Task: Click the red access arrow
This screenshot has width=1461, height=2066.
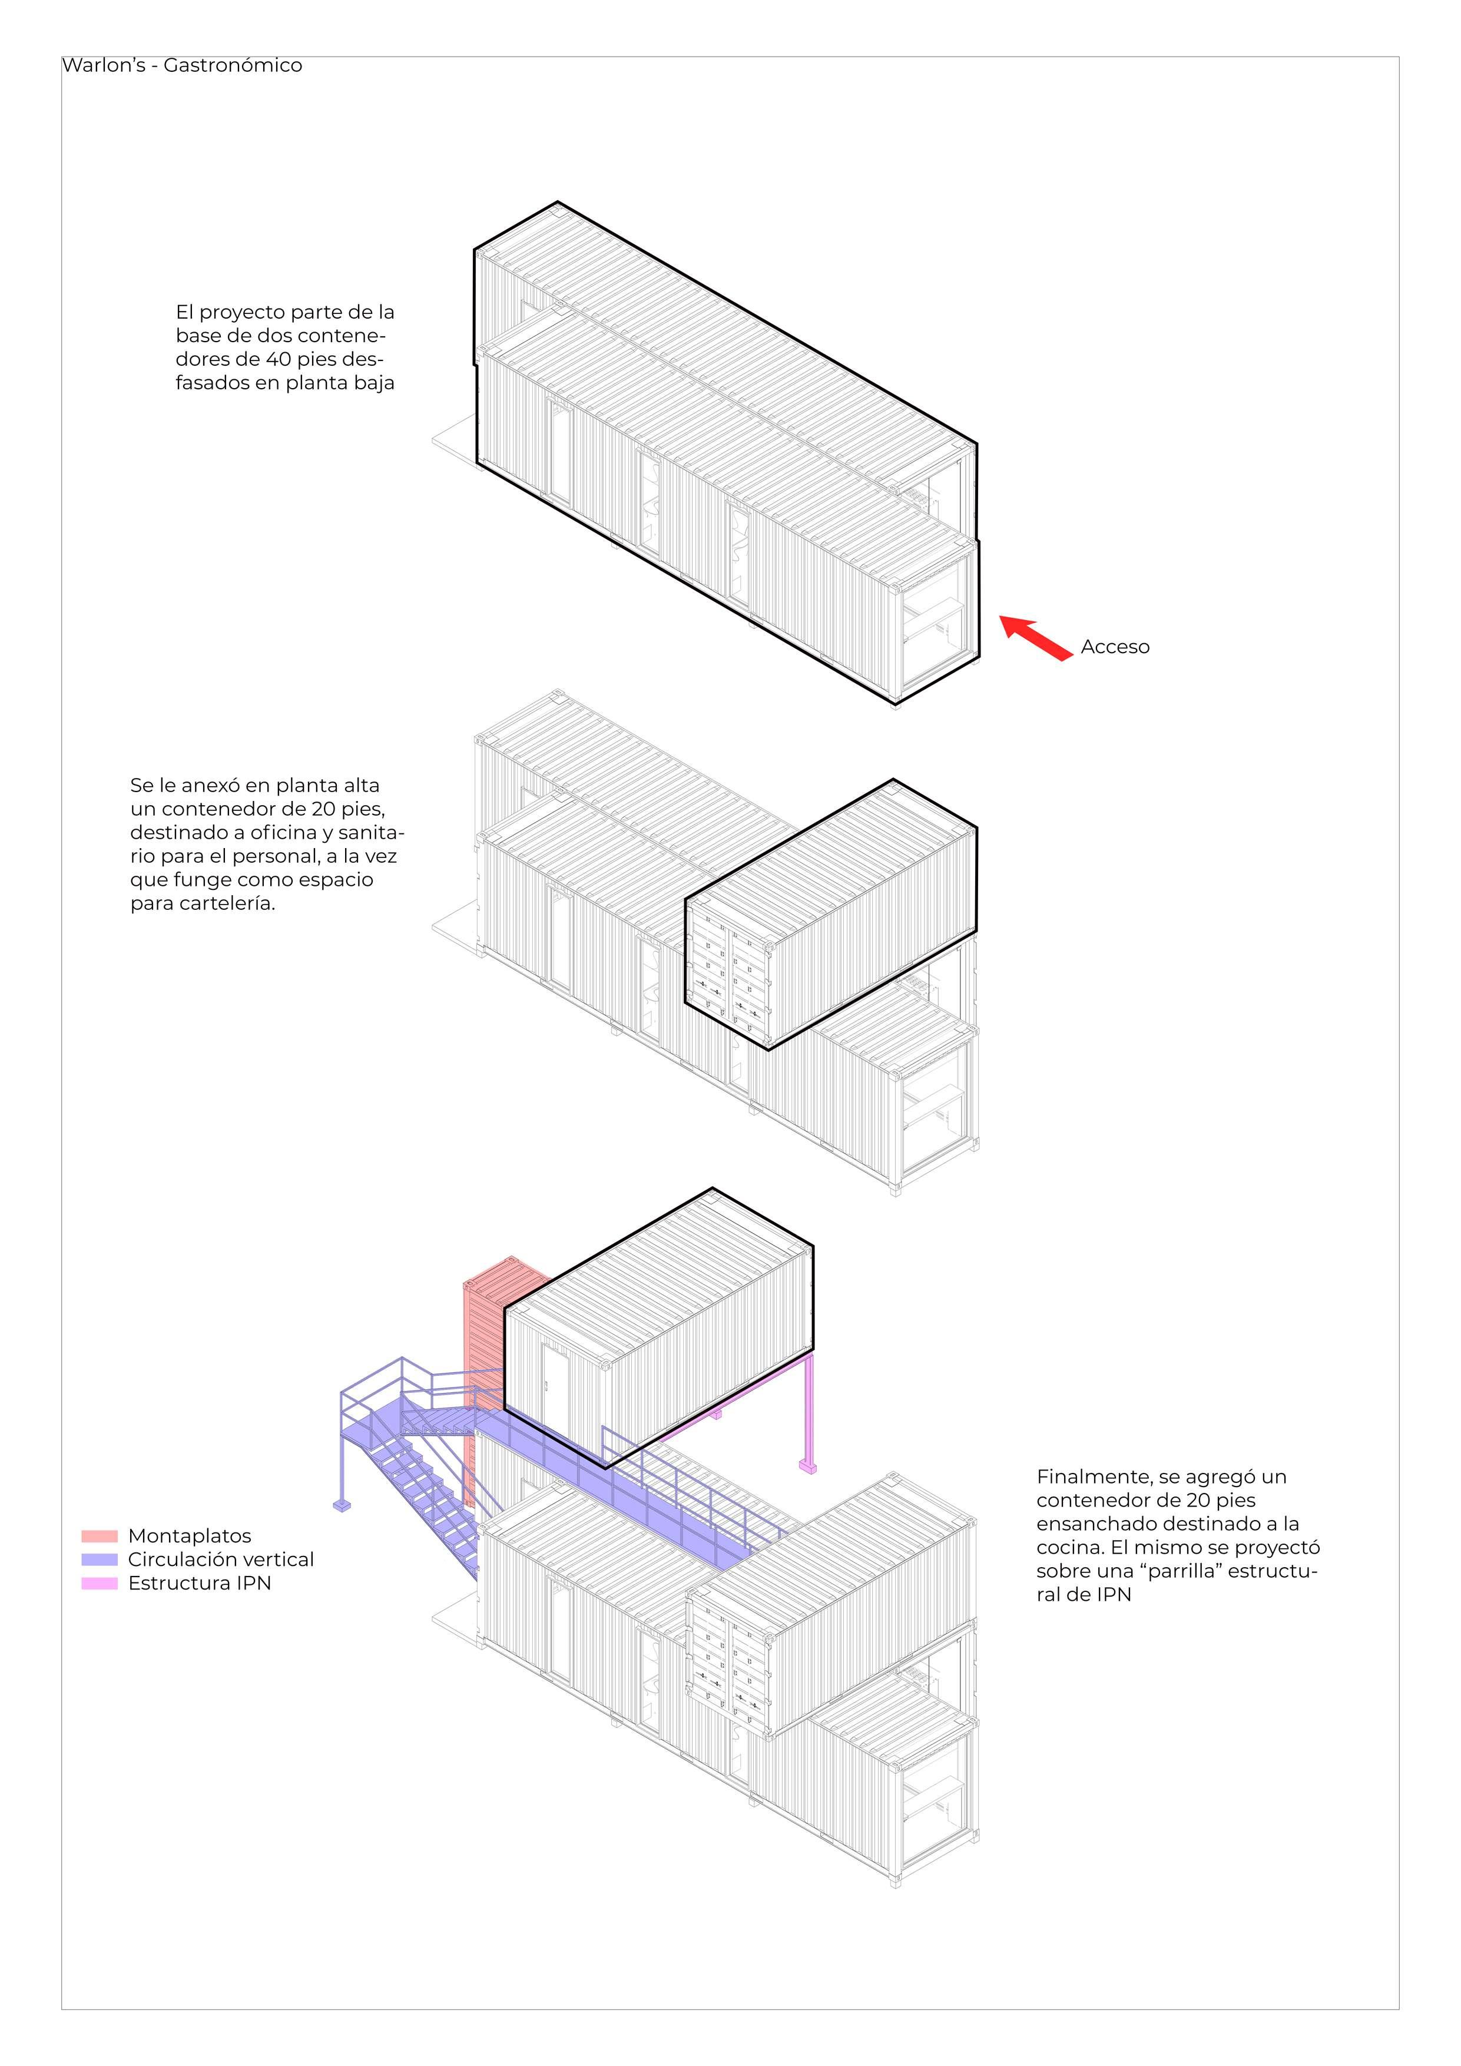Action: pyautogui.click(x=1036, y=637)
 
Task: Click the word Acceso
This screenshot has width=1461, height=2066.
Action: pyautogui.click(x=1115, y=647)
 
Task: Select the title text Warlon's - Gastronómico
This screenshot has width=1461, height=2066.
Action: pyautogui.click(x=182, y=66)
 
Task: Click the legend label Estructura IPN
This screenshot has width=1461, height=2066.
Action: pyautogui.click(x=199, y=1583)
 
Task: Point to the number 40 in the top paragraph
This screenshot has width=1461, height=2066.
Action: pyautogui.click(x=280, y=359)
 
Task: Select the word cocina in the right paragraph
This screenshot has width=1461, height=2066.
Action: pyautogui.click(x=1066, y=1548)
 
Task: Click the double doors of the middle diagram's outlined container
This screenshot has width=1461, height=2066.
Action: pyautogui.click(x=728, y=976)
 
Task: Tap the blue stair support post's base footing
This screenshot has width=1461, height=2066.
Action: pyautogui.click(x=343, y=1505)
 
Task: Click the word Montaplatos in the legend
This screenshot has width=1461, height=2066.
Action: pyautogui.click(x=189, y=1536)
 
